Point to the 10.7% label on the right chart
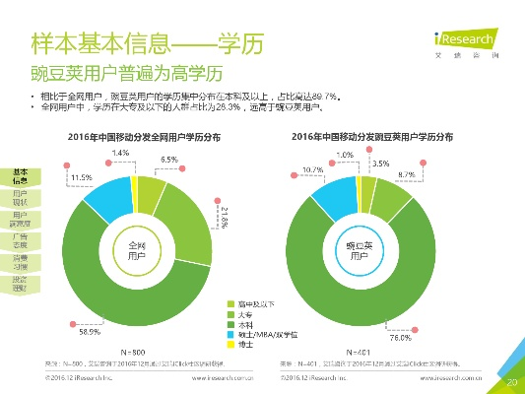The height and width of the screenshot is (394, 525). click(x=313, y=170)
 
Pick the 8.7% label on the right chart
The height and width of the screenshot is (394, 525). click(x=406, y=174)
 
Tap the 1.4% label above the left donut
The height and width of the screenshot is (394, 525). click(x=119, y=153)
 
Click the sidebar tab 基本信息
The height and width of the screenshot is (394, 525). click(x=19, y=176)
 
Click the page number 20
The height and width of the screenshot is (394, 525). click(x=510, y=380)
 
